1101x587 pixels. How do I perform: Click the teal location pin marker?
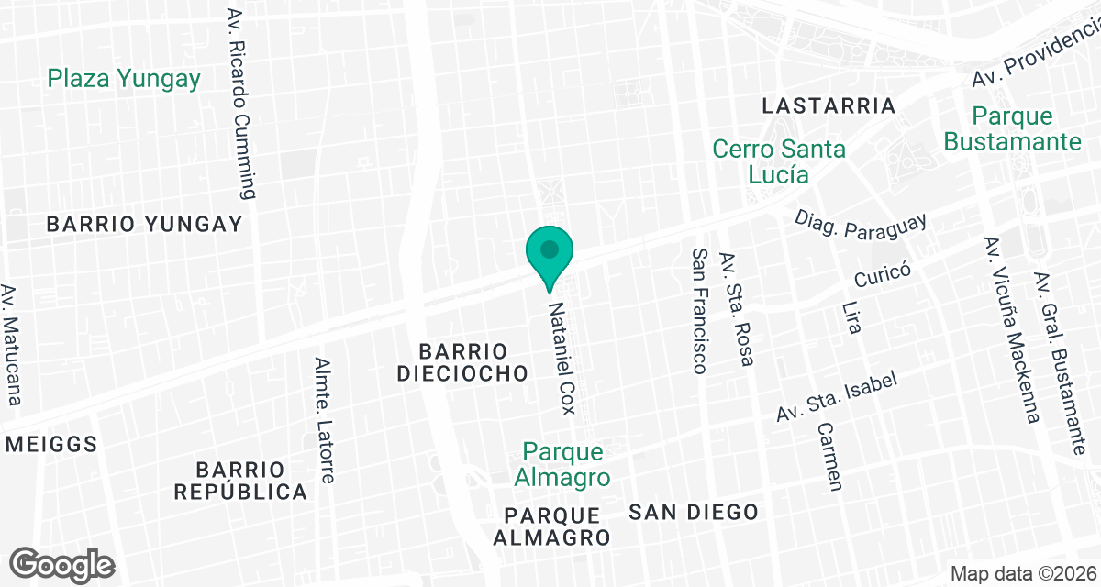pos(550,252)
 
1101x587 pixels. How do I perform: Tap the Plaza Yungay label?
pos(124,79)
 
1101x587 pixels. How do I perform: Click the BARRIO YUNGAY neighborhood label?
pos(144,224)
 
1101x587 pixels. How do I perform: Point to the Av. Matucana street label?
pos(11,345)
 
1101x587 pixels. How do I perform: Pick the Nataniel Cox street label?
pos(562,357)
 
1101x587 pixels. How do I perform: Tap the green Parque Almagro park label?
pos(562,465)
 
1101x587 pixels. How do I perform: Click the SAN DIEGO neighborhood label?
pos(694,512)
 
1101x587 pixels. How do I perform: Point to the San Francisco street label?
pos(700,311)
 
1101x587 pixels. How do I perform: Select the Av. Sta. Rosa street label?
pos(737,309)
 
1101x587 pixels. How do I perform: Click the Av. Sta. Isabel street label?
pos(835,397)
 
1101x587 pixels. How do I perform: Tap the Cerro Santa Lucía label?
pos(779,161)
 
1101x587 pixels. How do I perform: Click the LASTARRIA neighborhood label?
pos(829,105)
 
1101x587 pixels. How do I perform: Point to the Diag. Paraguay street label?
pos(861,223)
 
